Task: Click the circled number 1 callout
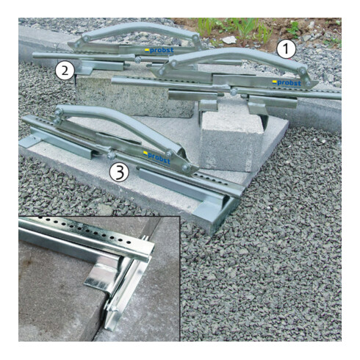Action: [x=286, y=49]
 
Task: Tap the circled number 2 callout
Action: [x=65, y=71]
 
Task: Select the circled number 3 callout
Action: [x=119, y=172]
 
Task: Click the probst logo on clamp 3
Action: [x=156, y=157]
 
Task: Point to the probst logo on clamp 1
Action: [x=287, y=83]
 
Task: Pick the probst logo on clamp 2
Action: [x=159, y=51]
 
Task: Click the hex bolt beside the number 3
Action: [x=111, y=156]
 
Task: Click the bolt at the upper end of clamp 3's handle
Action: [x=59, y=112]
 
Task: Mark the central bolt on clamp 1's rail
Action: [x=233, y=92]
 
